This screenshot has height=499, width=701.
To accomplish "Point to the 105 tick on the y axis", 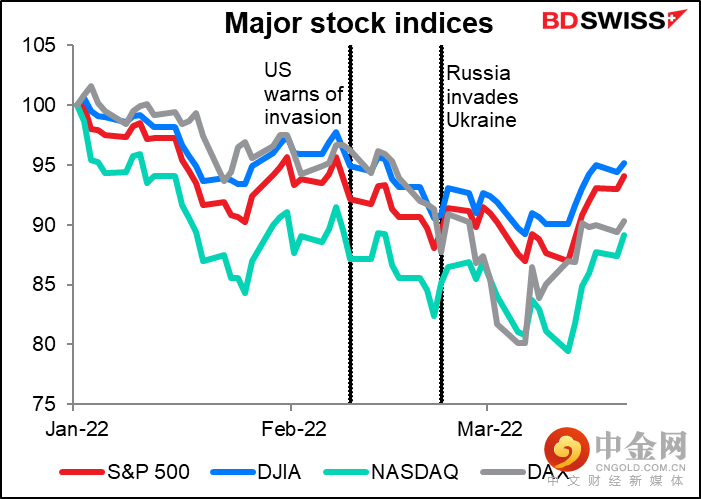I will [x=40, y=46].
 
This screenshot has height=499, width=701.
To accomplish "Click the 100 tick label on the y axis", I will [x=40, y=106].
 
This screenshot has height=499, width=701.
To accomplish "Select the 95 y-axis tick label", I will [x=45, y=166].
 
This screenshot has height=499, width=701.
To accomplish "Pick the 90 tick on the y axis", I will [x=45, y=226].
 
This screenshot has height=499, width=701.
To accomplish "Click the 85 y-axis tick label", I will [x=45, y=285].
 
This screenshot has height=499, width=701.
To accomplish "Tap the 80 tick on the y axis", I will [x=45, y=345].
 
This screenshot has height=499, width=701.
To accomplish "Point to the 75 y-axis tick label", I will [x=45, y=405].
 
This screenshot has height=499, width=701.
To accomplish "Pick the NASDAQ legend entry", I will [x=418, y=470].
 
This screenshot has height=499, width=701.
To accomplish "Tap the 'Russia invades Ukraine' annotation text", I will [x=481, y=96].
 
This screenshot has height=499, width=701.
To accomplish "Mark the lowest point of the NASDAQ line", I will [x=568, y=351].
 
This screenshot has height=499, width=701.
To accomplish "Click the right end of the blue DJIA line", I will [x=625, y=163].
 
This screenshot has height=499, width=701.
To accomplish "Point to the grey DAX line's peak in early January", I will [x=91, y=86].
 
